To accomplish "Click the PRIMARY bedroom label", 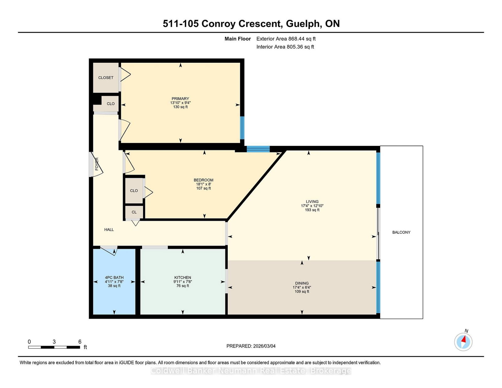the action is click(x=180, y=98).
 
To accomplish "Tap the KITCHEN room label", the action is click(x=183, y=277).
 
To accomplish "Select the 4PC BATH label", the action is click(x=114, y=277).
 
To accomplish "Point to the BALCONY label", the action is click(x=401, y=232).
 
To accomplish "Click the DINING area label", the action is click(x=302, y=283).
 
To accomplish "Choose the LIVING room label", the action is click(x=312, y=202).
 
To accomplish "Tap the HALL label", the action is click(x=109, y=230).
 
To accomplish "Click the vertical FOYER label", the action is click(x=97, y=164).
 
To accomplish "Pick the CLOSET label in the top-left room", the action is click(x=106, y=77).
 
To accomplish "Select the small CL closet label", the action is click(x=134, y=212).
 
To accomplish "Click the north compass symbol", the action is click(x=463, y=342).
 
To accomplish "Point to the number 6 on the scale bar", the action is click(x=80, y=342).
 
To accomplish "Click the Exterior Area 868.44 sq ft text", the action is click(x=286, y=39).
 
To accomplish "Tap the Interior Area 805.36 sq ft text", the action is click(x=285, y=47).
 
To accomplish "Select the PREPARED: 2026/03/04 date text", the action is click(x=251, y=346).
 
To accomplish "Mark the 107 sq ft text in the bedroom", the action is click(x=203, y=188).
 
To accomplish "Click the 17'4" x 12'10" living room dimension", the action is click(x=312, y=206).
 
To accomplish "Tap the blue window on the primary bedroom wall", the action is click(x=242, y=128).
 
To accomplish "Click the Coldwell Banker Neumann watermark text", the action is click(x=251, y=371).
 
